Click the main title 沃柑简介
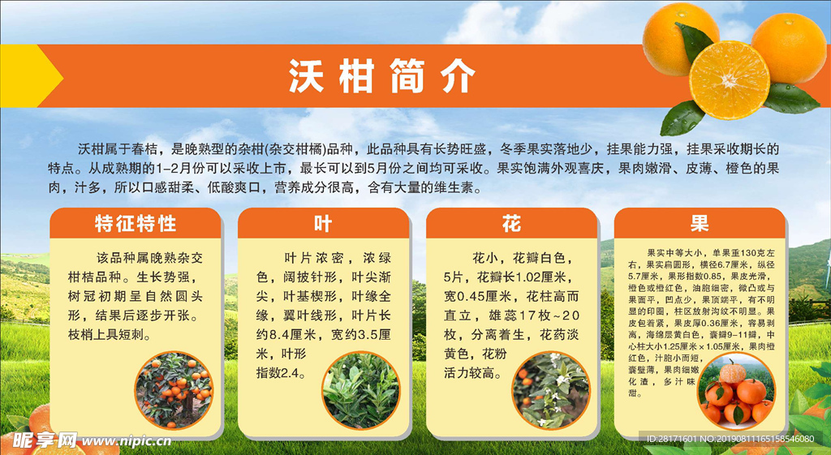tap(382, 78)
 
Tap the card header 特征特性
tap(135, 223)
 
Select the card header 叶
tap(323, 223)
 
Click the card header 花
tap(511, 223)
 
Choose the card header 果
tap(699, 223)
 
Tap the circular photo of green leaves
tap(360, 390)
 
